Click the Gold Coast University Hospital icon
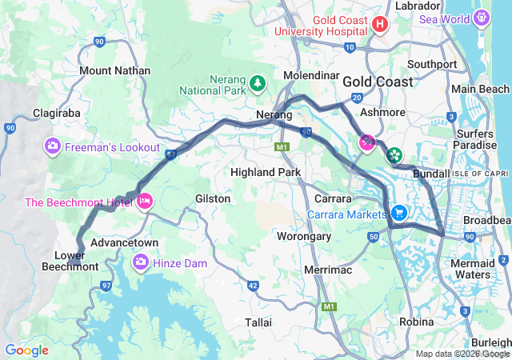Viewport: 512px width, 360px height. click(380, 25)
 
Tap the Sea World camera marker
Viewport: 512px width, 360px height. click(482, 17)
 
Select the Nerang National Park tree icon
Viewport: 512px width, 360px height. click(257, 82)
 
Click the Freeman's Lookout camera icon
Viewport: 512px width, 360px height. click(52, 146)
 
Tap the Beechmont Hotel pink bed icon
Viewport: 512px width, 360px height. click(145, 202)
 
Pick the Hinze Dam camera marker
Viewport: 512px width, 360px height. click(141, 262)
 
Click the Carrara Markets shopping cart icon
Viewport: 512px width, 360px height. click(398, 214)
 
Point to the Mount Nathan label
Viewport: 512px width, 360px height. click(114, 70)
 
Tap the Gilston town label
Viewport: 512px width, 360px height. click(213, 198)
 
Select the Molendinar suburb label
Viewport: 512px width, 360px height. click(310, 75)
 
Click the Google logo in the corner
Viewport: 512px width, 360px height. click(26, 350)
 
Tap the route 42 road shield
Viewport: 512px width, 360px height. click(253, 286)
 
